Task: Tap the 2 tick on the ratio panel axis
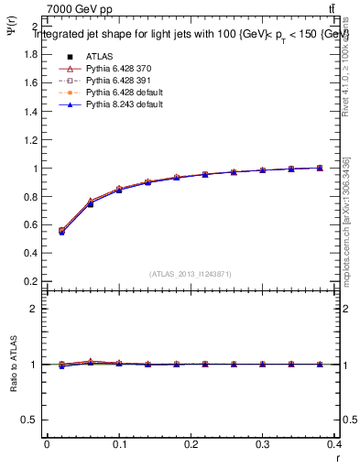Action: [x=34, y=309]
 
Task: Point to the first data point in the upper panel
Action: [x=61, y=231]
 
